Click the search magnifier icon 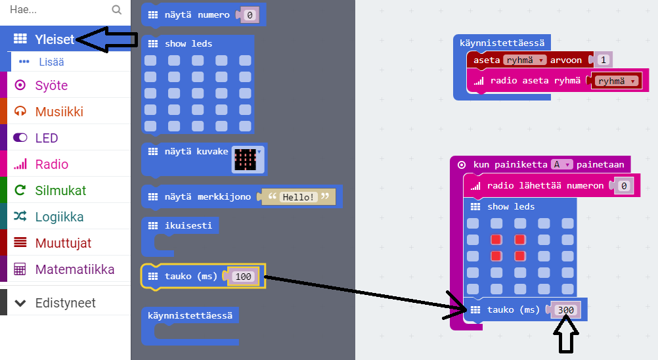click(x=117, y=10)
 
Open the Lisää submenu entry click(x=51, y=62)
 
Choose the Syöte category click(x=51, y=85)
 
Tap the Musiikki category click(x=59, y=112)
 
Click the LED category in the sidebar click(x=47, y=138)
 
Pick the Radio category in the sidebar click(x=52, y=164)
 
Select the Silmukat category click(x=60, y=191)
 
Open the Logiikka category click(x=59, y=217)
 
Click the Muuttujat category click(x=63, y=243)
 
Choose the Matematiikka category click(x=74, y=269)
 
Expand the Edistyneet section click(x=65, y=303)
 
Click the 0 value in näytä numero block click(x=249, y=15)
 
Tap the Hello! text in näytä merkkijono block click(x=299, y=196)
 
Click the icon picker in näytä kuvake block click(x=248, y=159)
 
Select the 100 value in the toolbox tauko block click(x=243, y=277)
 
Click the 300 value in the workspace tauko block click(x=565, y=310)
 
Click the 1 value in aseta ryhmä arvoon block click(x=603, y=60)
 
